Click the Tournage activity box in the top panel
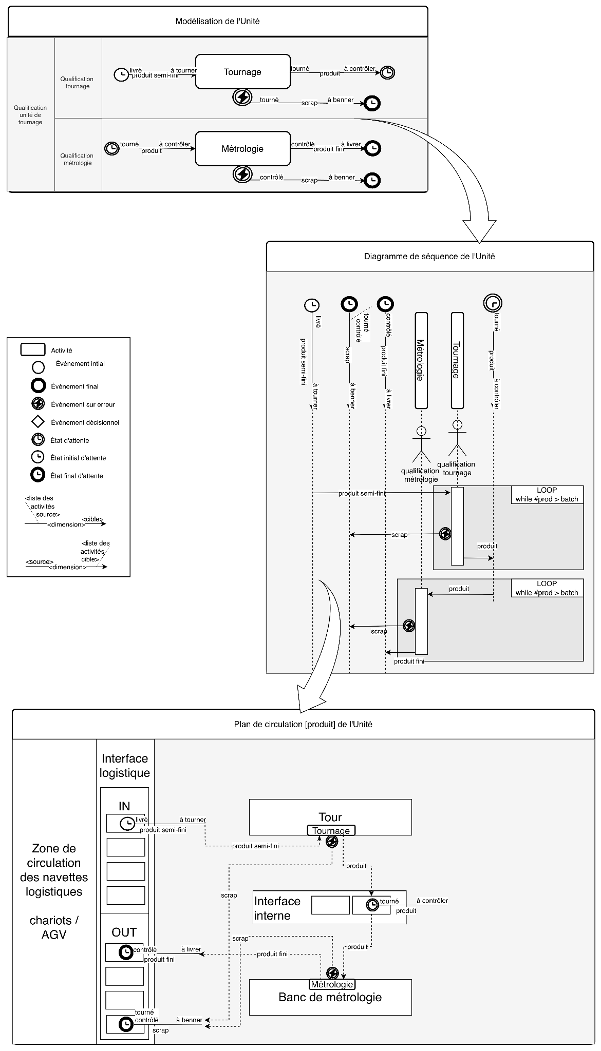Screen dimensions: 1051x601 click(242, 72)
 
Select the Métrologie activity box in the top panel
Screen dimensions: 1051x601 click(242, 149)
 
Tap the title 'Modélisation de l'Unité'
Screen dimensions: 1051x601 click(217, 22)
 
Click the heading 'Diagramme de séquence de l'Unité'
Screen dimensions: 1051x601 click(429, 256)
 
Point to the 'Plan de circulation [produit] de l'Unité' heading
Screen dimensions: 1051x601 click(303, 724)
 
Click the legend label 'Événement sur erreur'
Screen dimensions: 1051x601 click(83, 404)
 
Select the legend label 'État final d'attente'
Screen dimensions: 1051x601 click(77, 476)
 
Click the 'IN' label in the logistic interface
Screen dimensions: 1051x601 click(124, 806)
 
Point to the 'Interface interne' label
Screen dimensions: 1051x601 click(277, 908)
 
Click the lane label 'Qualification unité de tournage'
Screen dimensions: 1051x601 click(30, 115)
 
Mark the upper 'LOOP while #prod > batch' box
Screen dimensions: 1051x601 click(547, 495)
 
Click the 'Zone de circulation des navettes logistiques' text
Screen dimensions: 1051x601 click(54, 870)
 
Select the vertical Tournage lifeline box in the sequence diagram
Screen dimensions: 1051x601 click(457, 360)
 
